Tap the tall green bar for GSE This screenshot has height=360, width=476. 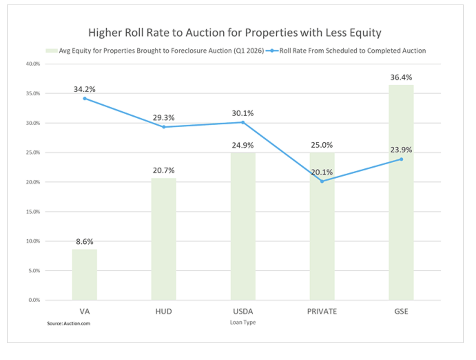point(401,207)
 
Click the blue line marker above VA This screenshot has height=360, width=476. point(85,98)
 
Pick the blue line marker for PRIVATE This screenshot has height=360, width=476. point(322,181)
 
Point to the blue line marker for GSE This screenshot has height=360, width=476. point(401,159)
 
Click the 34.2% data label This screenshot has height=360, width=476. point(84,89)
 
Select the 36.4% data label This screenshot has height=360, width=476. point(401,77)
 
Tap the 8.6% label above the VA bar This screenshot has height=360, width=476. point(84,242)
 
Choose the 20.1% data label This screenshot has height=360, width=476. point(322,172)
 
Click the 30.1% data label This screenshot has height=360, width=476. point(242,113)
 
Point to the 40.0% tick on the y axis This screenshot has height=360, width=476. point(33,64)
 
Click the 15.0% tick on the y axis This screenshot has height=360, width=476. point(33,212)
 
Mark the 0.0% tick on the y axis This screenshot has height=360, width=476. point(34,300)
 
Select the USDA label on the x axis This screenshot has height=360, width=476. point(243,311)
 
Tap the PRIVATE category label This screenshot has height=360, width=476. point(322,311)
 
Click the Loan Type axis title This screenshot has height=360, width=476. point(243,322)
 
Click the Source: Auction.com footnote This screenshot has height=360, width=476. point(69,324)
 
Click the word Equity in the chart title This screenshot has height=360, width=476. point(365,33)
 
